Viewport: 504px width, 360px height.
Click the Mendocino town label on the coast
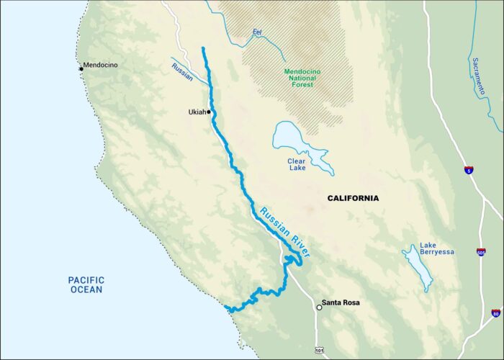coord(101,65)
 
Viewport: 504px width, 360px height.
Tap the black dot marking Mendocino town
coord(81,69)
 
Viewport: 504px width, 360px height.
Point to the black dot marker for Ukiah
coord(209,112)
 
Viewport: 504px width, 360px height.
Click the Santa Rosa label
coord(341,303)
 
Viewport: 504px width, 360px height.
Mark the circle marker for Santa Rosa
coord(319,307)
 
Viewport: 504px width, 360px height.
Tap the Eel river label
coord(257,32)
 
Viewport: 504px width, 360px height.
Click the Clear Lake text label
coord(296,164)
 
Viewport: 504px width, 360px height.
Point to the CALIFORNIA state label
coord(353,198)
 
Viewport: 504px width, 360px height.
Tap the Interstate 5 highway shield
coord(469,170)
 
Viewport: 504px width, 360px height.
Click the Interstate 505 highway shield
coord(481,252)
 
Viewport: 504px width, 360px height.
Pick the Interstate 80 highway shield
coord(495,312)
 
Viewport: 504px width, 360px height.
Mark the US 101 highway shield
coord(318,350)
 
